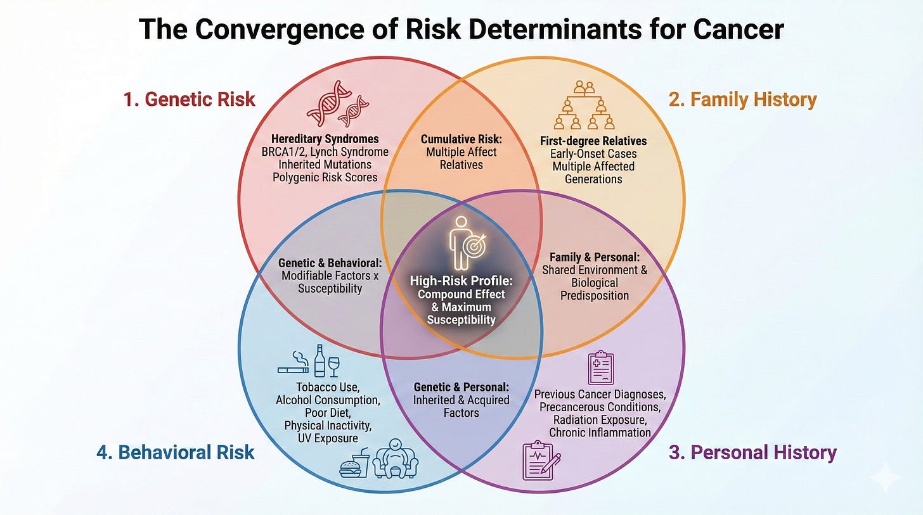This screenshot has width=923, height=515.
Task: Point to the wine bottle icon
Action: [x=319, y=360]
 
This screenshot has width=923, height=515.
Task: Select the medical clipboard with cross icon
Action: [x=600, y=367]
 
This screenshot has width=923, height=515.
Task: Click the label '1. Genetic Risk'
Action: [x=190, y=99]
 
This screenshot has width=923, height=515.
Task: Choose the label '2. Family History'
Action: [x=743, y=99]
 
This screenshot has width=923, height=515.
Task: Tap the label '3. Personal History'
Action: [x=752, y=453]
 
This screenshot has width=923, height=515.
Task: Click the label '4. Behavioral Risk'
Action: [x=176, y=452]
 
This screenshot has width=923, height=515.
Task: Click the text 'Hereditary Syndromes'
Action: [x=325, y=139]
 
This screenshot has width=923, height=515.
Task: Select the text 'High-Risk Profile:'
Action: [x=461, y=281]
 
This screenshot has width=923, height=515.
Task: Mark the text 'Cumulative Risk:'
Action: [x=461, y=139]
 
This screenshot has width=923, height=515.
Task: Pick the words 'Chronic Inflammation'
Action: [x=600, y=433]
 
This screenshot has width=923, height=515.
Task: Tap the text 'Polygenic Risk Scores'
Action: [x=325, y=177]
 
